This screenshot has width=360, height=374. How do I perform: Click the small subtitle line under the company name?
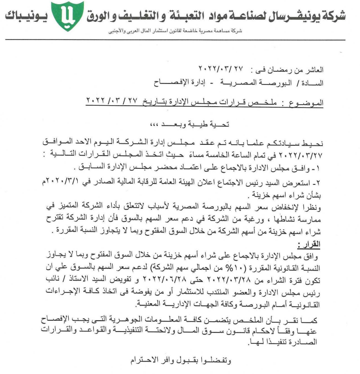[x=180, y=31]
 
